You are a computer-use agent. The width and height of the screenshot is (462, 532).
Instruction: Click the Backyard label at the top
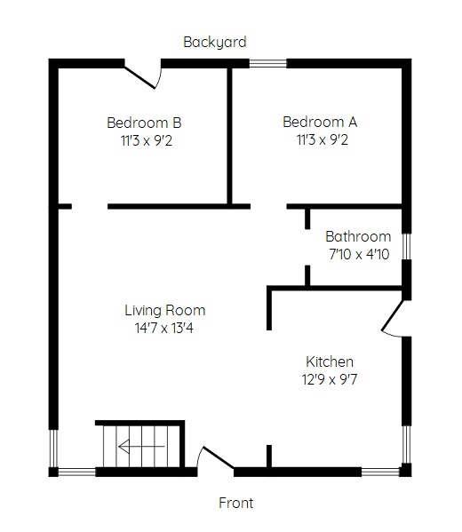tap(214, 43)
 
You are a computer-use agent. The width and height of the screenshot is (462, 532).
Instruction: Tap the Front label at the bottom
tap(236, 503)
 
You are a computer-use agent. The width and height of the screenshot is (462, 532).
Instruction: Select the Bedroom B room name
tap(144, 123)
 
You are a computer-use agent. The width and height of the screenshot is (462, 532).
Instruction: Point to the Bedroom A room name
tap(320, 123)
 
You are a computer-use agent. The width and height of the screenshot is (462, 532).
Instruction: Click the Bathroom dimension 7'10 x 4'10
tap(359, 254)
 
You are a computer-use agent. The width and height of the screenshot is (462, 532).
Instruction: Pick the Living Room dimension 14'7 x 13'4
tap(164, 328)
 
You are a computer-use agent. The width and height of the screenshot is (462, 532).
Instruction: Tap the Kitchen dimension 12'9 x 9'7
tap(330, 379)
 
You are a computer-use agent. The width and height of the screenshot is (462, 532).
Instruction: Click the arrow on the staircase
tap(141, 447)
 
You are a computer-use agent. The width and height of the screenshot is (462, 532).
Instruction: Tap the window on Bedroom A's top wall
tap(268, 63)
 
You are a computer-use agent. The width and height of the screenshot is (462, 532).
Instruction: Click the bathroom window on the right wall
tap(407, 246)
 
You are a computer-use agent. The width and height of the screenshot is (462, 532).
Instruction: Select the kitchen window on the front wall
tap(380, 472)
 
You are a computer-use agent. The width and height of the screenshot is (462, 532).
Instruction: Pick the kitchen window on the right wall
tap(407, 444)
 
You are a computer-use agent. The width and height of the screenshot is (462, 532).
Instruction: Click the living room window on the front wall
tap(76, 472)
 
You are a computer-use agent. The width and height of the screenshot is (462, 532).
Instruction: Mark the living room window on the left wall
tap(53, 449)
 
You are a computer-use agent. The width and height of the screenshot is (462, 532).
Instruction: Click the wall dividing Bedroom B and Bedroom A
tap(229, 136)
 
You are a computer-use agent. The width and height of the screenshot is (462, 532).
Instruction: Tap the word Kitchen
tap(330, 361)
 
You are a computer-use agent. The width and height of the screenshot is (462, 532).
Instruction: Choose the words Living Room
tap(165, 311)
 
